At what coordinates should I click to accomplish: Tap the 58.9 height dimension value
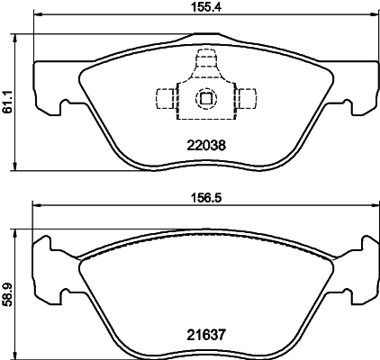click(x=7, y=293)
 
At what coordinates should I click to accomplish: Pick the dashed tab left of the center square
click(x=166, y=97)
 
